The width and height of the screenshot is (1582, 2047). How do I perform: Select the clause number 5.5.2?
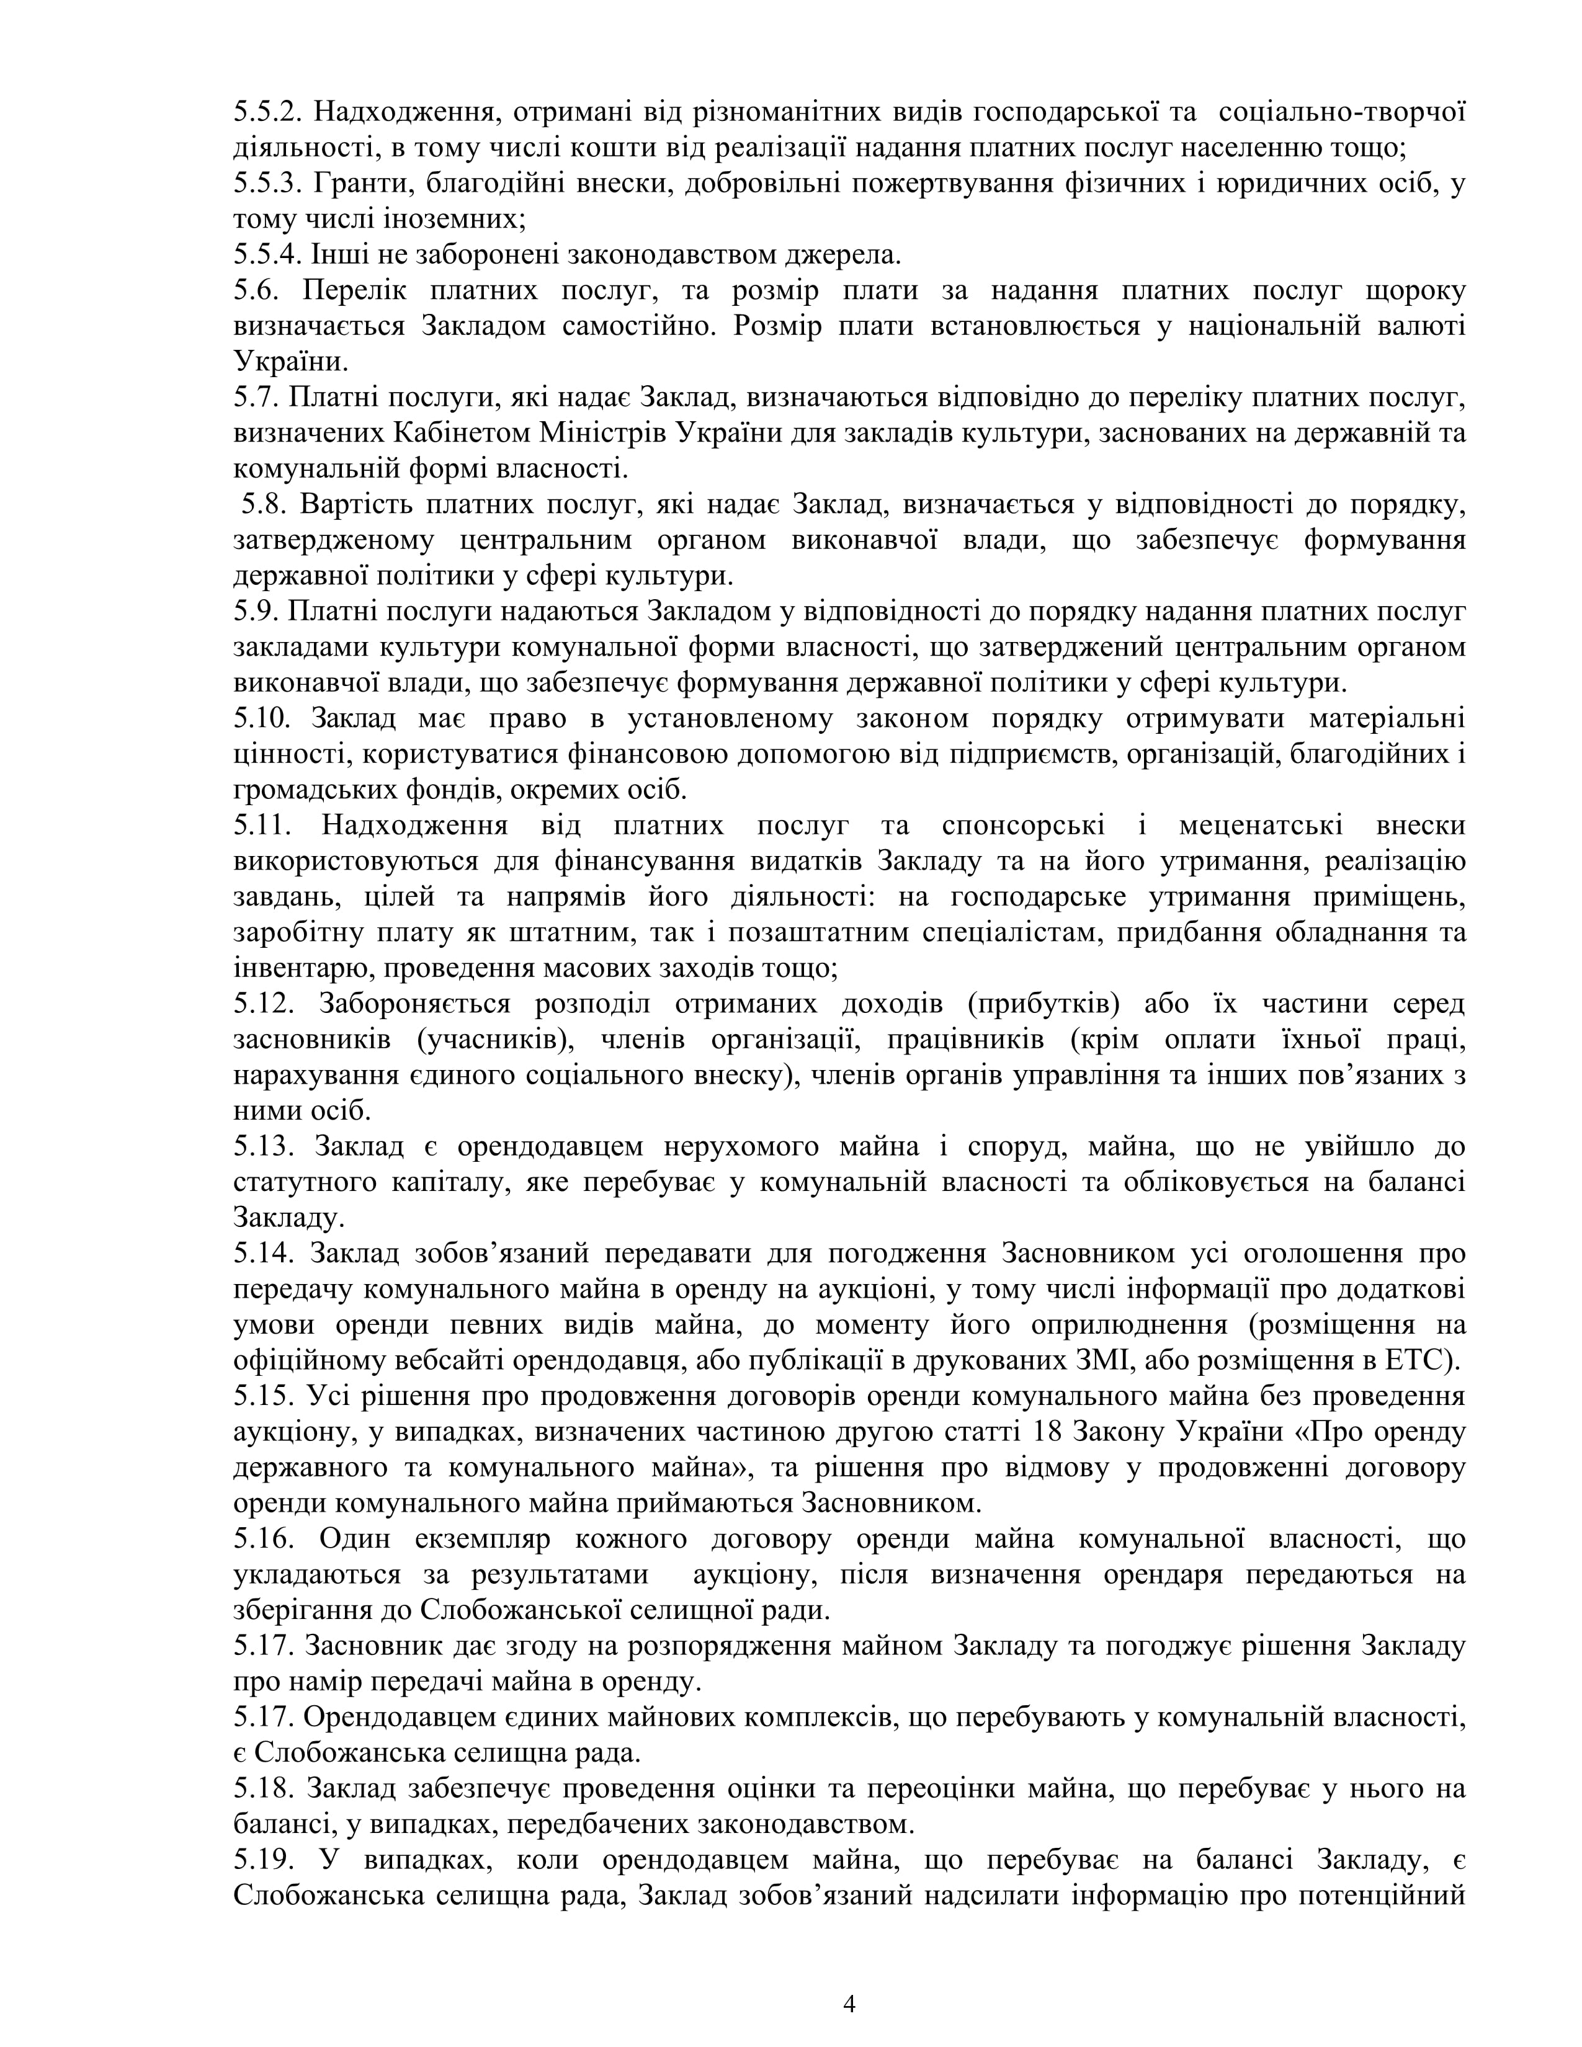click(266, 112)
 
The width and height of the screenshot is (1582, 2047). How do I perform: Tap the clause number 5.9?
click(257, 612)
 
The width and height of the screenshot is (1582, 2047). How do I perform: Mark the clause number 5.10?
click(264, 719)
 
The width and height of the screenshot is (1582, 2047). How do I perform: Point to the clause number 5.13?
click(264, 1146)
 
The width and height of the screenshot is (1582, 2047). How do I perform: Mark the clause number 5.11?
click(264, 826)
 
